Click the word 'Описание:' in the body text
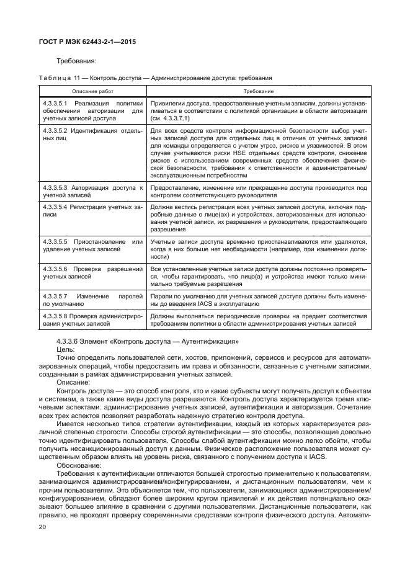pyautogui.click(x=71, y=382)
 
